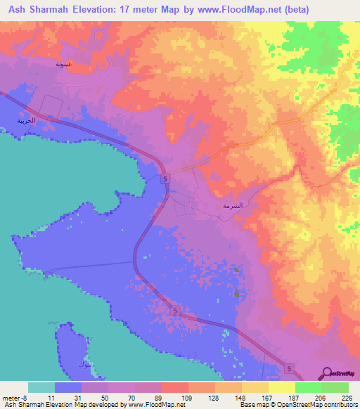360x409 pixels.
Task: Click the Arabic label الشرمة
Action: tap(232, 207)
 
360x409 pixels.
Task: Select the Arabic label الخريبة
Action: tap(26, 120)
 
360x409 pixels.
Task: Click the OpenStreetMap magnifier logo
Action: tap(328, 373)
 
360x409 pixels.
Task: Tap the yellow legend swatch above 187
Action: tap(281, 387)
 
